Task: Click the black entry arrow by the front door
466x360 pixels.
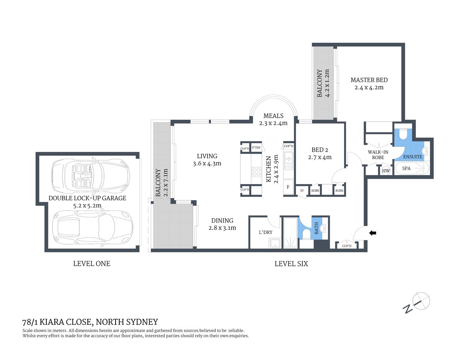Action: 373,233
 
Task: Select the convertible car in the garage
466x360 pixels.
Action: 90,175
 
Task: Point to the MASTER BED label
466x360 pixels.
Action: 369,80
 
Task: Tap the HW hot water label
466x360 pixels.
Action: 386,171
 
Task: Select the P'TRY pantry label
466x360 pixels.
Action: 256,148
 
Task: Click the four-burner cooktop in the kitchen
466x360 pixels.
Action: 256,172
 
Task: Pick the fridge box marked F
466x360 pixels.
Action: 288,187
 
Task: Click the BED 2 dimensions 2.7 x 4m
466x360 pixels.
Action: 320,157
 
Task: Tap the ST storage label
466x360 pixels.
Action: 302,190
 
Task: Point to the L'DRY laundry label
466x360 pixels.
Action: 266,232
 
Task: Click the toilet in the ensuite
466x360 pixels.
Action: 403,135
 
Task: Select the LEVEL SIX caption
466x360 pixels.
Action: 291,264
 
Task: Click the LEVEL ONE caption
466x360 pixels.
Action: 92,264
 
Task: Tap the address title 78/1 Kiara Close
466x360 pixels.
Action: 90,322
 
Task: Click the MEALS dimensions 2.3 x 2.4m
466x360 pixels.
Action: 273,123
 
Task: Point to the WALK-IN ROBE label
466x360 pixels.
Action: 378,155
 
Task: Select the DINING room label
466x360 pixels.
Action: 222,220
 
